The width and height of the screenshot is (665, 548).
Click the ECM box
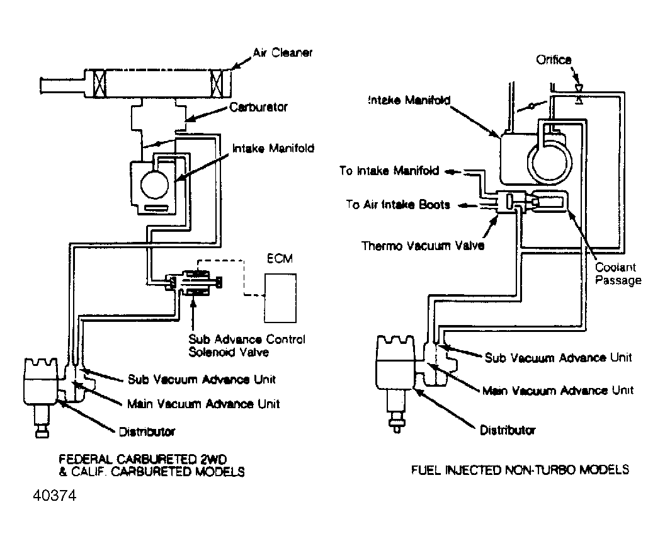(x=280, y=298)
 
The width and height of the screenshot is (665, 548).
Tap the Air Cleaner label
(x=283, y=52)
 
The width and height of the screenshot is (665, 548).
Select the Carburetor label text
(x=258, y=107)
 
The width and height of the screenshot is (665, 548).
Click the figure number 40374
(x=55, y=496)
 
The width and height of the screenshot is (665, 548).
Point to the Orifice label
(x=554, y=60)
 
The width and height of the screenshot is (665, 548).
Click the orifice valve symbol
(x=579, y=94)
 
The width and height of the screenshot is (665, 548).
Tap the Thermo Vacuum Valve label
(x=423, y=246)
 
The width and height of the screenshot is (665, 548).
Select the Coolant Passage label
(x=618, y=273)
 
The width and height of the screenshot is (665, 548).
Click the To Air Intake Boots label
(x=398, y=205)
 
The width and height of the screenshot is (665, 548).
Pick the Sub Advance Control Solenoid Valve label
(x=247, y=346)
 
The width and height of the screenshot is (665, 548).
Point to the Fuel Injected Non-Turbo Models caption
(x=520, y=470)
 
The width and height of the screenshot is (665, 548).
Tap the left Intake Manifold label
(x=273, y=149)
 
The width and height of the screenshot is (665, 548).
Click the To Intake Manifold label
(x=389, y=171)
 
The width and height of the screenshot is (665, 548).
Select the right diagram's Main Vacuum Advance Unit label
(x=558, y=391)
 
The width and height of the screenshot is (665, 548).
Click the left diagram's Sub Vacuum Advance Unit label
(x=202, y=379)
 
